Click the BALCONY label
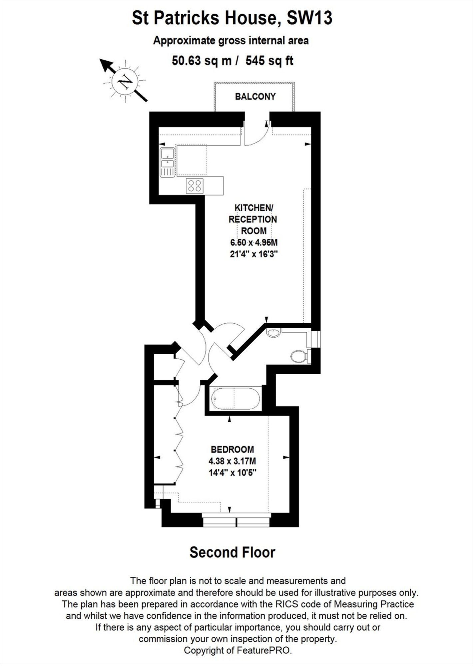pyautogui.click(x=255, y=97)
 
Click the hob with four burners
pyautogui.click(x=195, y=185)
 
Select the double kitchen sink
pyautogui.click(x=168, y=163)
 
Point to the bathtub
pyautogui.click(x=236, y=399)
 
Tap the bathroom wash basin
pyautogui.click(x=273, y=332)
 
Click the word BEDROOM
pyautogui.click(x=232, y=450)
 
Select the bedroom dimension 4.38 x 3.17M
pyautogui.click(x=232, y=461)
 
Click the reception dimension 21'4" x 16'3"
pyautogui.click(x=254, y=254)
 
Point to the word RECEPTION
pyautogui.click(x=253, y=219)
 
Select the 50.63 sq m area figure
pyautogui.click(x=202, y=61)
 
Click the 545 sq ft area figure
pyautogui.click(x=269, y=61)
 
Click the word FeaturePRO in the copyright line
pyautogui.click(x=263, y=650)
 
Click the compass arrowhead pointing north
pyautogui.click(x=106, y=65)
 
